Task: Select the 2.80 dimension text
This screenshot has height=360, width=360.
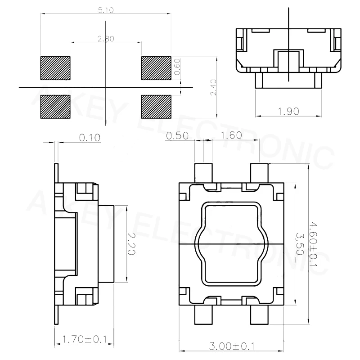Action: point(106,39)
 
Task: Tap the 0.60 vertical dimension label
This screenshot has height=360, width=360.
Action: point(177,67)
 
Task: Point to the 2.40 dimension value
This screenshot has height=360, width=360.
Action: point(213,87)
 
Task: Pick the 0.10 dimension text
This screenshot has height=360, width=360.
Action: point(90,137)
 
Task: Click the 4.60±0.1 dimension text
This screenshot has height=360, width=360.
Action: point(314,243)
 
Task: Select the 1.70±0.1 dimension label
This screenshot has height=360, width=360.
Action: point(83,339)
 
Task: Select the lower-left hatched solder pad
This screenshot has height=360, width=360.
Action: point(56,107)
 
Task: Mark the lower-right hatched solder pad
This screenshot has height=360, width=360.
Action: point(156,107)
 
